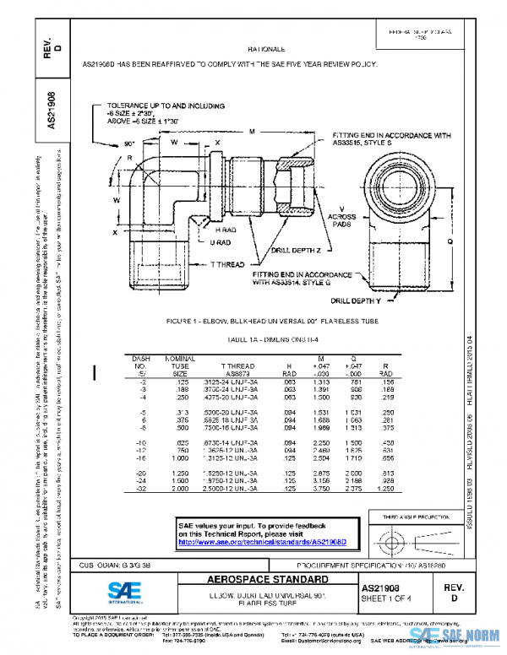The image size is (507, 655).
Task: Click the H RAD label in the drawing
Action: coord(226,230)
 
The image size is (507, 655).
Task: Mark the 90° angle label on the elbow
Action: coord(129,144)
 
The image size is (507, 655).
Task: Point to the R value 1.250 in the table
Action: coord(385,488)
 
